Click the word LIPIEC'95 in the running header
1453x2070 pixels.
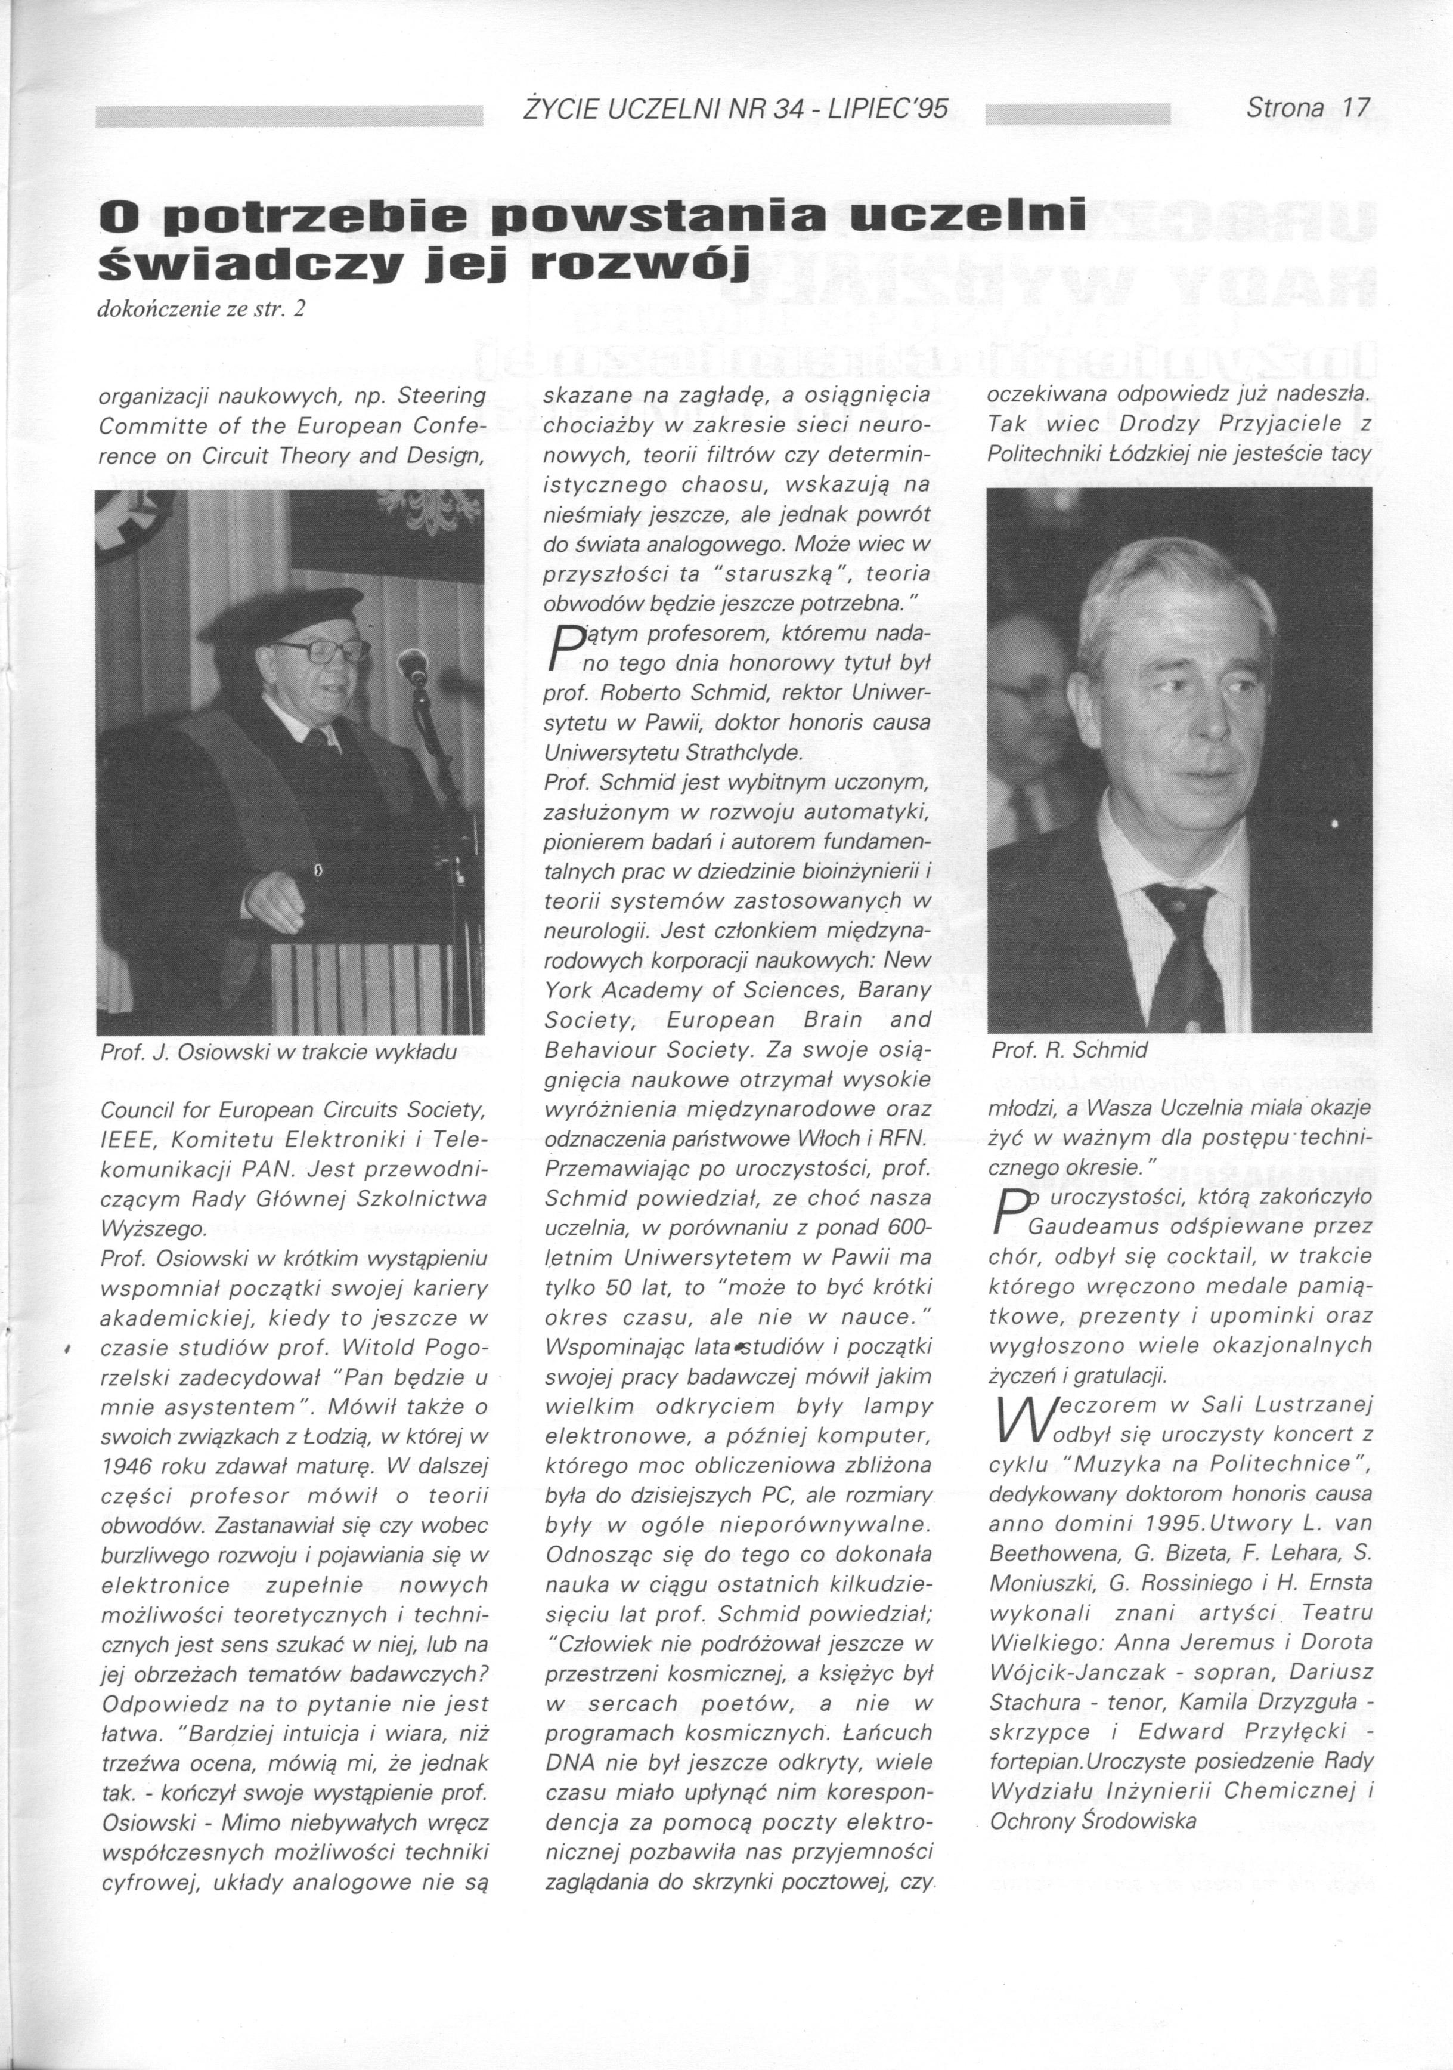point(887,109)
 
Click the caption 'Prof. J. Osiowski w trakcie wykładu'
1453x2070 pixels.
point(278,1052)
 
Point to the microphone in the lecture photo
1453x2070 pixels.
point(413,667)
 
